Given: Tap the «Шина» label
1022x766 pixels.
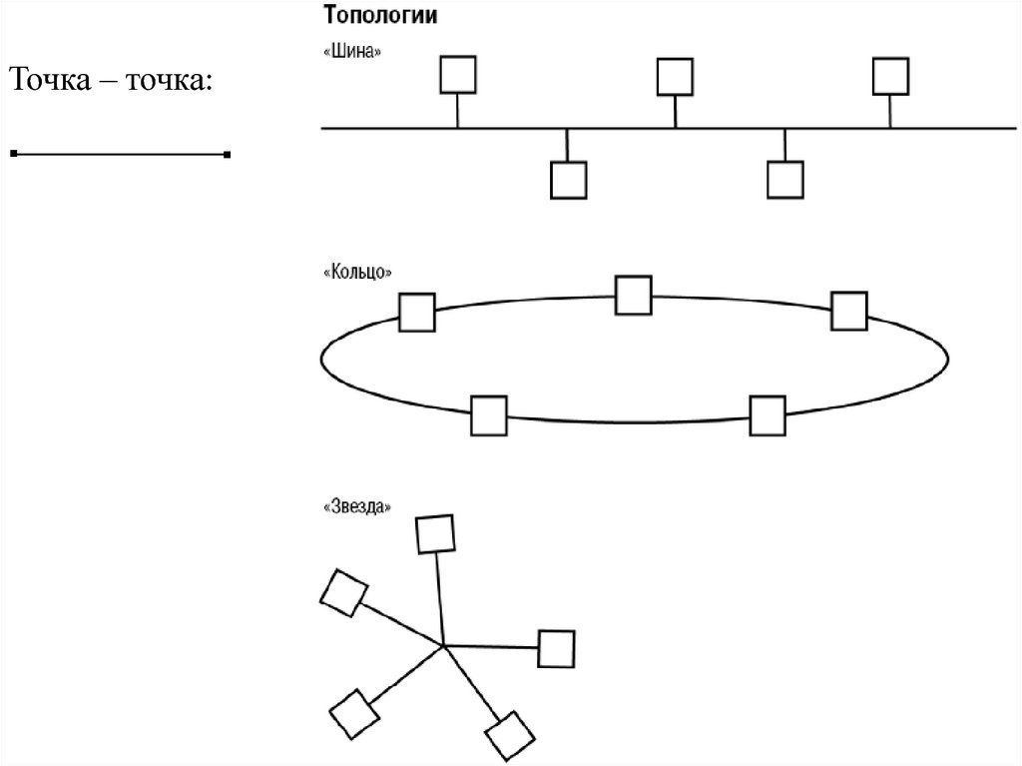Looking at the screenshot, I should coord(352,52).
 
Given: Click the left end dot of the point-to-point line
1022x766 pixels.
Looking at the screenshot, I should coord(14,155).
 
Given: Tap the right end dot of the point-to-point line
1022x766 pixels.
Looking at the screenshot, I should coord(228,155).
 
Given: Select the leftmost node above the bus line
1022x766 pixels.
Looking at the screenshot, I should coord(457,74).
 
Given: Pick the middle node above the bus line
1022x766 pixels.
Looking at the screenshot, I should coord(675,76).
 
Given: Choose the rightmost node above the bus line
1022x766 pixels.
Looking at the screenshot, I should coord(890,76).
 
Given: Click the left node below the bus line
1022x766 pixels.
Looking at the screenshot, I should coord(568,180).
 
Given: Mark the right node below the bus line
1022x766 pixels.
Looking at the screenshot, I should coord(784,180).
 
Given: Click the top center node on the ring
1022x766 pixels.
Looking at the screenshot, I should coord(633,295).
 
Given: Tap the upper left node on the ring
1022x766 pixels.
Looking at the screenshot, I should coord(416,312).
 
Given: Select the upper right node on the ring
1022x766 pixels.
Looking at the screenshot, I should coord(849,311).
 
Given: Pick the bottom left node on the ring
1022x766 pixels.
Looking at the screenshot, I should coord(489,415).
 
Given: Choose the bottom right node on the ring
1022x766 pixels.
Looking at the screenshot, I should coord(767,415).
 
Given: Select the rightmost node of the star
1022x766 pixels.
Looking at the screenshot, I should coord(556,648).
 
